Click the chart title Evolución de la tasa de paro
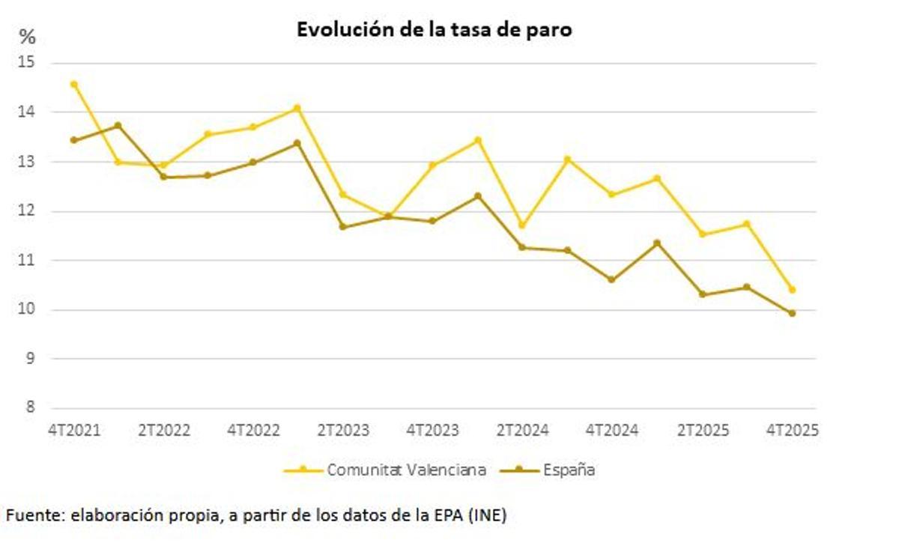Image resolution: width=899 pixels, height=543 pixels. [435, 29]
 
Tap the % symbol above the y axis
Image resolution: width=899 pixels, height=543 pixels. [27, 37]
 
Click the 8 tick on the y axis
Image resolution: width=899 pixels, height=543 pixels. [30, 408]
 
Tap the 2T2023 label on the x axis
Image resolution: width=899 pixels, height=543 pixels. [343, 431]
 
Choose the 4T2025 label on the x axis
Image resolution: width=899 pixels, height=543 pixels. [793, 431]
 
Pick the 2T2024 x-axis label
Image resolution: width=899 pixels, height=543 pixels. [523, 431]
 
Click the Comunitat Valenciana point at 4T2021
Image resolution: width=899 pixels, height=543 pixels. [73, 84]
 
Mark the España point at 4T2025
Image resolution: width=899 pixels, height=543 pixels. [792, 313]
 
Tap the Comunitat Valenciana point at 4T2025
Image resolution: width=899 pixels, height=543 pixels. [792, 290]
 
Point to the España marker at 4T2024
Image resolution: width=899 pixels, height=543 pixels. [612, 279]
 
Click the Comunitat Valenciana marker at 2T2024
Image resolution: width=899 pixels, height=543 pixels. [522, 225]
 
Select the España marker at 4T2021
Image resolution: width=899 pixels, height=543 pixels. [73, 140]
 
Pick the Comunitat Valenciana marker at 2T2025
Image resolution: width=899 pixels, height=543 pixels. [702, 234]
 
